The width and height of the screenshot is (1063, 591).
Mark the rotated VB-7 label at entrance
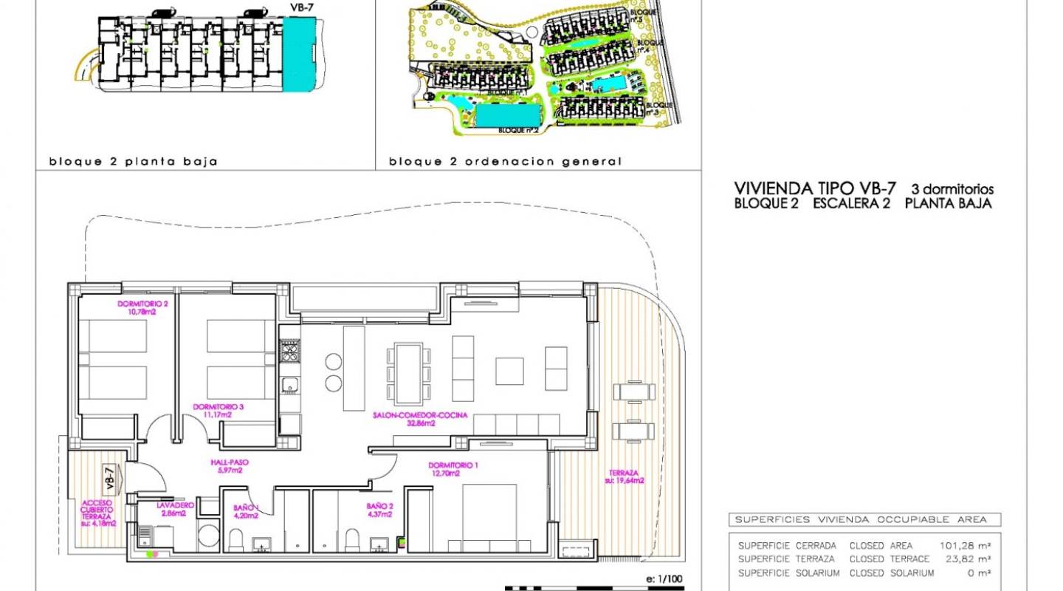pyautogui.click(x=109, y=479)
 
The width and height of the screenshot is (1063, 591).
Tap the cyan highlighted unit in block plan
pyautogui.click(x=300, y=55)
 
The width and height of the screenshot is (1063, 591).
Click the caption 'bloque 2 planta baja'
pyautogui.click(x=133, y=161)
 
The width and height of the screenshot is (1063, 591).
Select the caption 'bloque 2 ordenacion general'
pyautogui.click(x=505, y=161)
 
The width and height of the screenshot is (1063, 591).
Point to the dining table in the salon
pyautogui.click(x=407, y=370)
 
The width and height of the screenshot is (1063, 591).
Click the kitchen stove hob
pyautogui.click(x=289, y=352)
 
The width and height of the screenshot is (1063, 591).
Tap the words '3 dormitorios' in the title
pyautogui.click(x=952, y=189)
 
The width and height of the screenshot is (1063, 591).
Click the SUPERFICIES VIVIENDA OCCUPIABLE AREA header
pyautogui.click(x=863, y=519)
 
